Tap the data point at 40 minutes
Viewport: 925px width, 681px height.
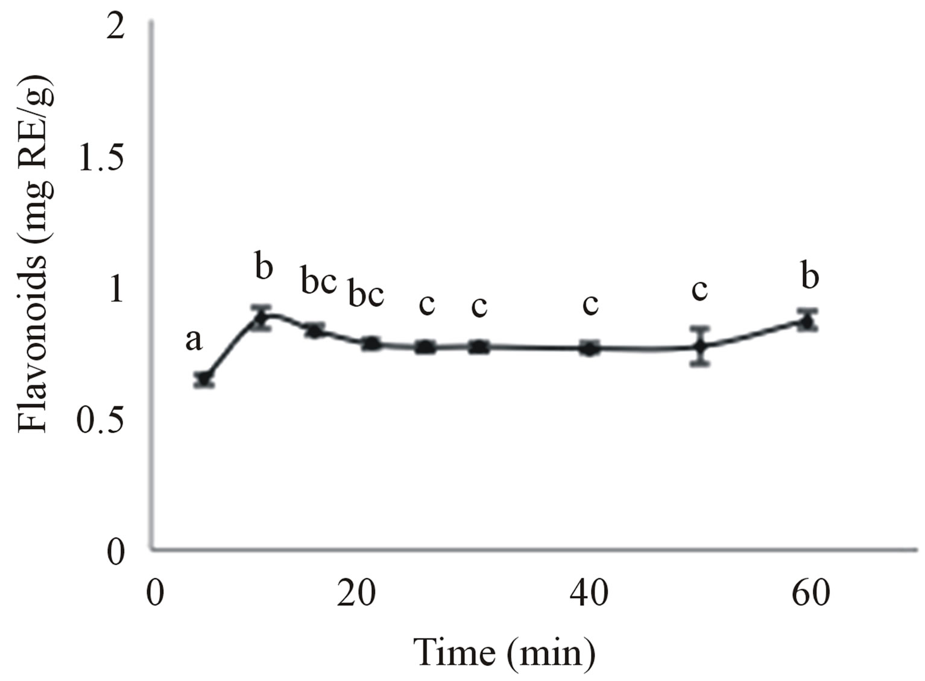(590, 348)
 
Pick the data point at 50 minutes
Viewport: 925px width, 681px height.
(699, 346)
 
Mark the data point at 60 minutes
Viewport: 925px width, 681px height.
(807, 321)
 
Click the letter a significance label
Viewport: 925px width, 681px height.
(194, 340)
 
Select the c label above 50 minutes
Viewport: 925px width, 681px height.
(699, 290)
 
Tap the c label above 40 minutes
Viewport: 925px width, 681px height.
(590, 304)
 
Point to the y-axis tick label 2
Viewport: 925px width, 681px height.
(115, 28)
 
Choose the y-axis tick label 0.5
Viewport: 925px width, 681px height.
(101, 421)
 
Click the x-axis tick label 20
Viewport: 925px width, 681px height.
(356, 594)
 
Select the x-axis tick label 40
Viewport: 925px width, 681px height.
(589, 594)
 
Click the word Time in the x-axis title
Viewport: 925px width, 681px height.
(454, 652)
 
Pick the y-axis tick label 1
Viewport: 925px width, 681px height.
(115, 290)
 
